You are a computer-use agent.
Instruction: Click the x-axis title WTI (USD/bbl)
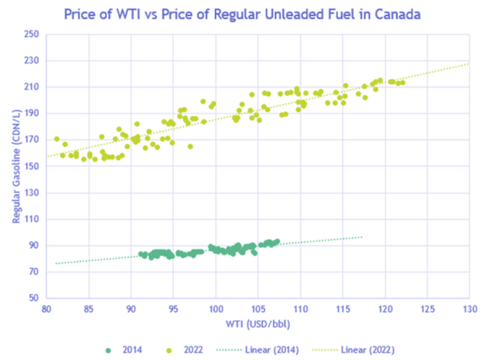pos(258,324)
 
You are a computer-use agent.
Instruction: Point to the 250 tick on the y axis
pos(32,34)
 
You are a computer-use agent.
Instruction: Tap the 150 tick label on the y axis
pos(32,166)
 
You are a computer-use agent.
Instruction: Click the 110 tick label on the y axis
pos(32,219)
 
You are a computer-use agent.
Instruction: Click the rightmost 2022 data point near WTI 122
pos(402,83)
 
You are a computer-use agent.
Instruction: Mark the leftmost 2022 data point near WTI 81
pos(57,139)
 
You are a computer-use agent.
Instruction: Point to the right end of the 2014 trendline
pos(362,237)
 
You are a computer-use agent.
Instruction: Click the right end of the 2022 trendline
pos(469,64)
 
